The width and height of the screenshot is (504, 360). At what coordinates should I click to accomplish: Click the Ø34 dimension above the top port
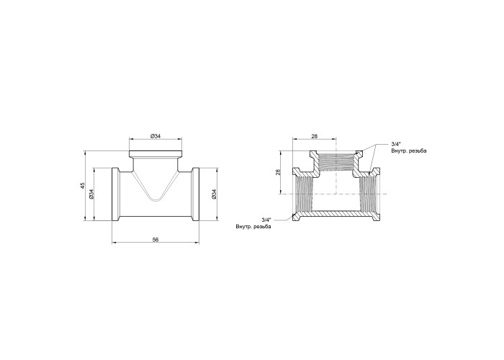tap(156, 136)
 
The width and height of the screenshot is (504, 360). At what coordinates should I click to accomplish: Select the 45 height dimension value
tap(83, 186)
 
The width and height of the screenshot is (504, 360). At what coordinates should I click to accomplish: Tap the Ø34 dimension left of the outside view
tap(91, 194)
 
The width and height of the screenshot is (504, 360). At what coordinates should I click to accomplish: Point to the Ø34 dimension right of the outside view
tap(215, 194)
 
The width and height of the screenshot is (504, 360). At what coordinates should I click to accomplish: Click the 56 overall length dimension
tap(156, 240)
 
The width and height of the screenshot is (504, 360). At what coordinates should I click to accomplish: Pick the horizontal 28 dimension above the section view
tap(315, 136)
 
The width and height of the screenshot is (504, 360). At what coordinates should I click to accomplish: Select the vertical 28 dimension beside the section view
tap(279, 172)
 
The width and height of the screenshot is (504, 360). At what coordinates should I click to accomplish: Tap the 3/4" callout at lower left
tap(266, 220)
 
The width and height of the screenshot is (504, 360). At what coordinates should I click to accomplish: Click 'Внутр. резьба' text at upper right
tap(409, 150)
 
